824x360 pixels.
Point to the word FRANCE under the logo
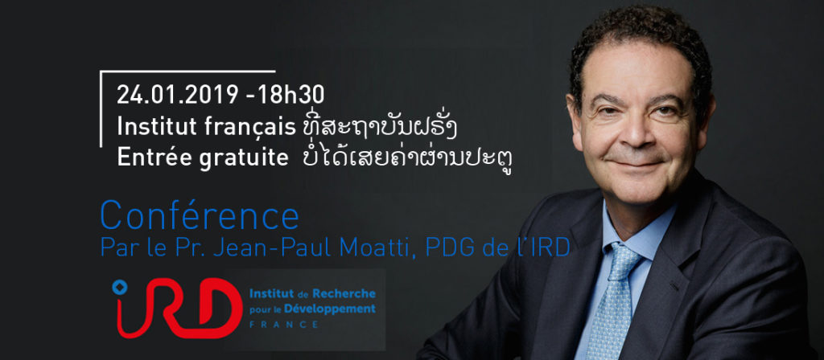[x=284, y=325]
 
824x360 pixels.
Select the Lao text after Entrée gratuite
[x=408, y=158]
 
